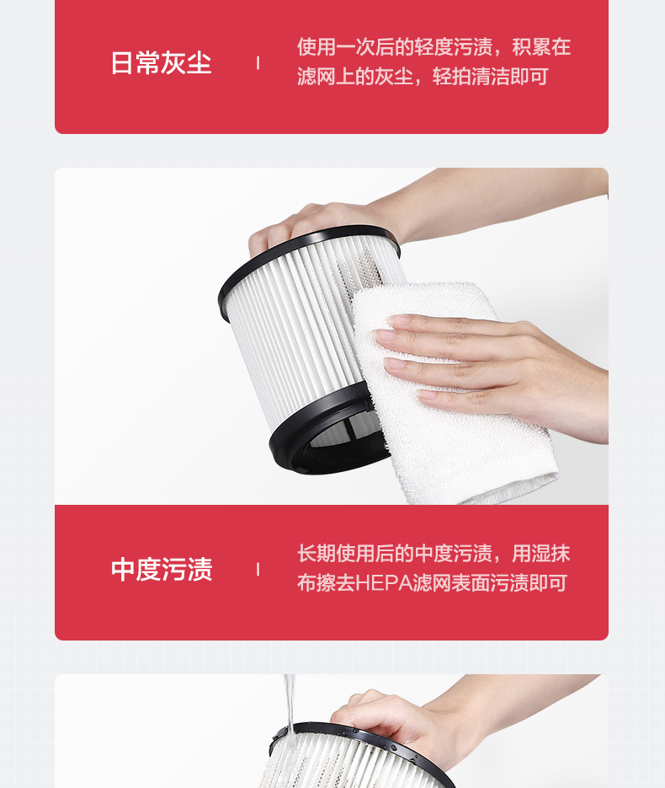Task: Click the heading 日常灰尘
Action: point(161,63)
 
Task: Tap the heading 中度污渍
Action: point(162,570)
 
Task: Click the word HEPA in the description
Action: point(383,583)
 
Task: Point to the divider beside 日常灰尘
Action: point(258,63)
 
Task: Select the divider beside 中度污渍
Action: point(258,570)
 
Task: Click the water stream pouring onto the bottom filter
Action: point(290,704)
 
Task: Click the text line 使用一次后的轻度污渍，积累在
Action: point(434,46)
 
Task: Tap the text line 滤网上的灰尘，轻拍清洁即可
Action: point(423,77)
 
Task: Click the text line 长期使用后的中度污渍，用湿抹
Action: point(434,554)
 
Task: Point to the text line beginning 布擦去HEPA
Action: point(432,583)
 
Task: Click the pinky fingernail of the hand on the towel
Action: point(427,395)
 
